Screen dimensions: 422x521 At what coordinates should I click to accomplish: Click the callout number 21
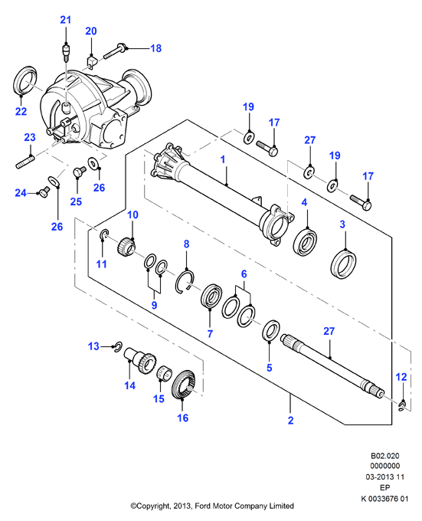point(65,20)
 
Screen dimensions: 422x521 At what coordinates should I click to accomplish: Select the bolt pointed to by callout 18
point(116,51)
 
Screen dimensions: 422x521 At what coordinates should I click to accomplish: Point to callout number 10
point(132,215)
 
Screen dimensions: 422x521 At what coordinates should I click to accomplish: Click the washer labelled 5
point(271,330)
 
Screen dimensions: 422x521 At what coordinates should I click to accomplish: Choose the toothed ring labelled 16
point(185,384)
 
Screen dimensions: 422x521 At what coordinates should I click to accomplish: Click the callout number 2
point(290,421)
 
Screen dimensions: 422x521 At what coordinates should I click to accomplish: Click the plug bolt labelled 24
point(44,192)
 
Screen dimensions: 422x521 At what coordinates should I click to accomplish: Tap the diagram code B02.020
point(384,456)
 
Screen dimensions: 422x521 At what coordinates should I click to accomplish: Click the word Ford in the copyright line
point(203,506)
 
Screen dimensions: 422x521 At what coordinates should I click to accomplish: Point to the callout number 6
point(244,274)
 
